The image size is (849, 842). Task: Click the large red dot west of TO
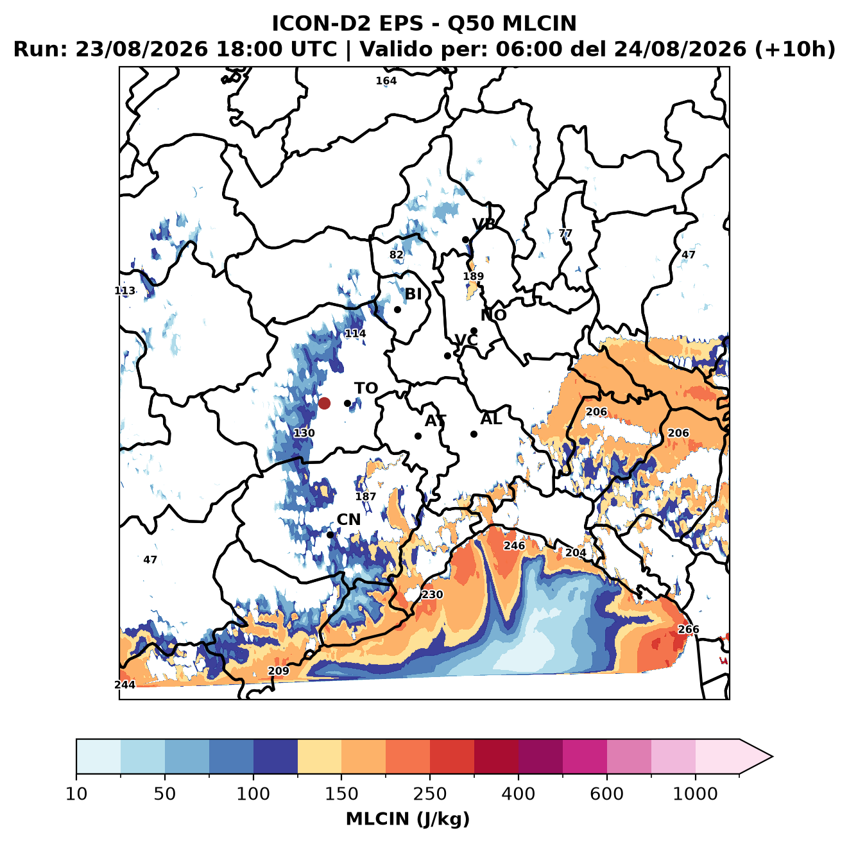point(324,403)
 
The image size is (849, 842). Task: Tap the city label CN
point(348,519)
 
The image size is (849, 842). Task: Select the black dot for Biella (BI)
point(397,309)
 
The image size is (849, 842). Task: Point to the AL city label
point(491,418)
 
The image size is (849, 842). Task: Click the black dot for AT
point(418,436)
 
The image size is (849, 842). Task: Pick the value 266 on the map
point(688,629)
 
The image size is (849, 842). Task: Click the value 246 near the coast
point(514,546)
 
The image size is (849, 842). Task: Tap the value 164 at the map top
point(386,81)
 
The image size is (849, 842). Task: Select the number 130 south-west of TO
point(304,433)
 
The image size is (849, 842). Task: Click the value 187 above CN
point(366,496)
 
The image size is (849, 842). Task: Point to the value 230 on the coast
point(432,594)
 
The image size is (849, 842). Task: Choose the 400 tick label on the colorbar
point(518,793)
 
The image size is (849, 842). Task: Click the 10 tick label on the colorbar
point(76,793)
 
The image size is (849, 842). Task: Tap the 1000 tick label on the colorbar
point(695,793)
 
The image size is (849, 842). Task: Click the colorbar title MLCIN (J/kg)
point(407,819)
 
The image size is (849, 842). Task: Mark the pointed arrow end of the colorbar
point(772,757)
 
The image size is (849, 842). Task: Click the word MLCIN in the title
point(539,23)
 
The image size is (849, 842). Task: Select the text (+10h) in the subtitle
point(794,49)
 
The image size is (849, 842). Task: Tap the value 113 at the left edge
point(124,291)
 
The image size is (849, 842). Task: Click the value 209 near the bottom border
point(279,671)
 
